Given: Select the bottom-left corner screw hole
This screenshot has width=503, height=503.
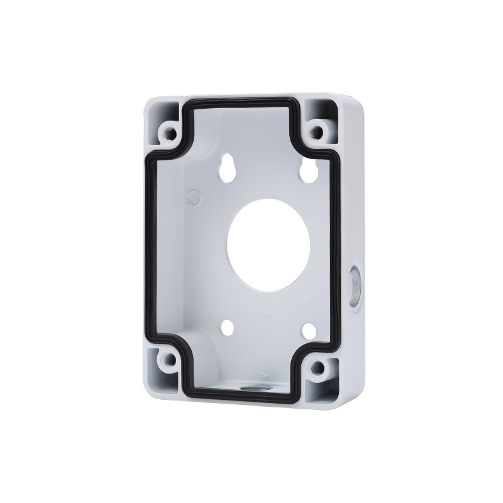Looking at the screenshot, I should (169, 362).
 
